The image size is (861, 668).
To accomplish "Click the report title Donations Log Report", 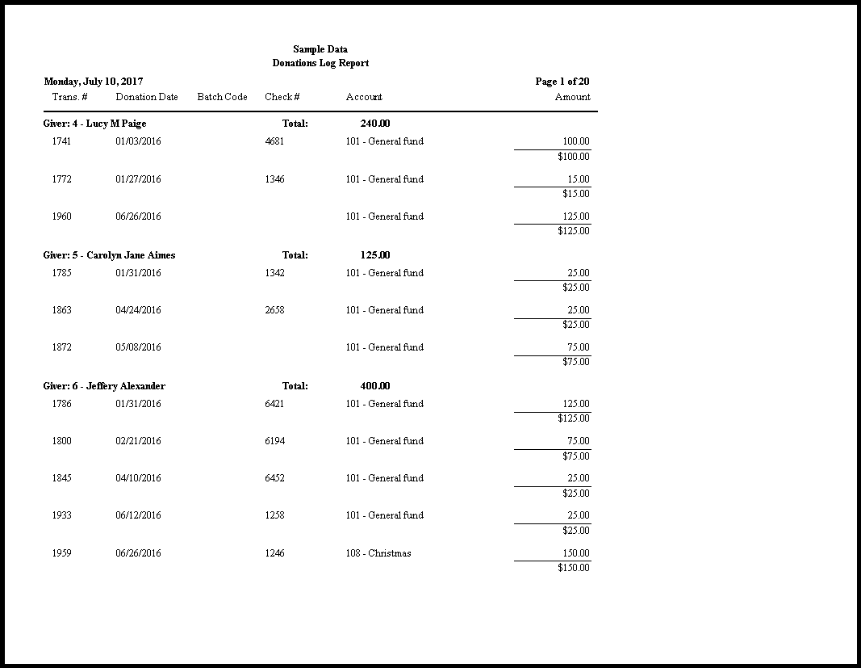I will (320, 63).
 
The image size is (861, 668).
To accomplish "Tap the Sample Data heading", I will (320, 49).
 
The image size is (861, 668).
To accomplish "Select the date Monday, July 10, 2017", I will (94, 82).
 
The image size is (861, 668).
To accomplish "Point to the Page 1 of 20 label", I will (562, 82).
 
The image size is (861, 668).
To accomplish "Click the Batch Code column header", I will (222, 97).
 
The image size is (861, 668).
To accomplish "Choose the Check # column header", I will (282, 97).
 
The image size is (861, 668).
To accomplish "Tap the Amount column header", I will (572, 97).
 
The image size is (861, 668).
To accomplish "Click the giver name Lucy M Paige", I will (116, 124).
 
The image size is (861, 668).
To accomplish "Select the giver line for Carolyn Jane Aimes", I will (109, 255).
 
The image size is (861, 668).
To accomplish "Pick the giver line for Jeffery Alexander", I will (104, 386).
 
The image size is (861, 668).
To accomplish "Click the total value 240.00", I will (375, 124).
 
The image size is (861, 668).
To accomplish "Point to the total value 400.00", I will (375, 386).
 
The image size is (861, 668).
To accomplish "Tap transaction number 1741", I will (61, 141).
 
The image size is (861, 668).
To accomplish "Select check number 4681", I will (274, 141).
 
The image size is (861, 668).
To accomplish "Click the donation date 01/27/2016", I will (138, 179).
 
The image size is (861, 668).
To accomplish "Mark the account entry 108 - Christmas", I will (378, 553).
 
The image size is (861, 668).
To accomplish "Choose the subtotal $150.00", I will (573, 568).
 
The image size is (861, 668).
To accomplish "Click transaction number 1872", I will (61, 347).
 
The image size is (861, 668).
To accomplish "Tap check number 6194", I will (274, 441).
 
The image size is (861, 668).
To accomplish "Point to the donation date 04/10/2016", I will (138, 478).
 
